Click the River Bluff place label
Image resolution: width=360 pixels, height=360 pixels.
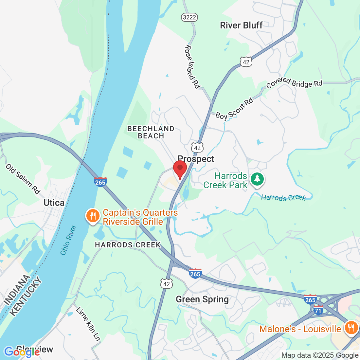(x=241, y=26)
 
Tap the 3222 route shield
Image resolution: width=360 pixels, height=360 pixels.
(x=189, y=17)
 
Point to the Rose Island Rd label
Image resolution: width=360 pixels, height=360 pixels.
(x=192, y=67)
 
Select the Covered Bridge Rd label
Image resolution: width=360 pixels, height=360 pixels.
(x=294, y=82)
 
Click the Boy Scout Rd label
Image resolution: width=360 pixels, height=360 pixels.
(x=234, y=109)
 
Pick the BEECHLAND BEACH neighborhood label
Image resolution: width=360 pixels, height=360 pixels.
(x=151, y=132)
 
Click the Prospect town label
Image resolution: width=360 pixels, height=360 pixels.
(x=196, y=159)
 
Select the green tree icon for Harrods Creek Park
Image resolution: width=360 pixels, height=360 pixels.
(x=257, y=179)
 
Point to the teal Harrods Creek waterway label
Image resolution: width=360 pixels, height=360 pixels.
(x=283, y=198)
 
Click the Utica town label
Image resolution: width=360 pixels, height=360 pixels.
(x=54, y=203)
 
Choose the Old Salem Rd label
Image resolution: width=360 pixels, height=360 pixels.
(x=23, y=179)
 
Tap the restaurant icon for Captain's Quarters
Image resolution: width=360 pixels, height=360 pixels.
(x=93, y=216)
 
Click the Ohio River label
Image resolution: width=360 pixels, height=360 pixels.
(x=68, y=240)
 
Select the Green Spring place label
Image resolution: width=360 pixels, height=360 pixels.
(x=202, y=299)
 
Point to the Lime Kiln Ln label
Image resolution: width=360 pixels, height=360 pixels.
(x=88, y=324)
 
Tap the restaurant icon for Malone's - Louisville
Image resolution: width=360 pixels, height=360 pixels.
(x=351, y=328)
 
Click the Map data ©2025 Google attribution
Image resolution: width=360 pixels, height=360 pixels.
(x=320, y=355)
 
